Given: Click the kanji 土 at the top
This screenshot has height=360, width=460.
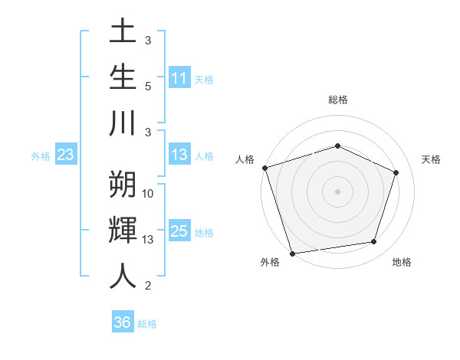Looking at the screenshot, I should [x=123, y=34].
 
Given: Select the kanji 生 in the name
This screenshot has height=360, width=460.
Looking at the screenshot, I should [x=123, y=77].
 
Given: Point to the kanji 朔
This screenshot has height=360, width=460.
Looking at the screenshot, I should [x=123, y=184].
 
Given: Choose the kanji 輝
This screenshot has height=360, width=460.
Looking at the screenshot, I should [x=123, y=230].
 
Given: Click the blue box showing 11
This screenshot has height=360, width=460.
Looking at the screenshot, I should [x=179, y=78].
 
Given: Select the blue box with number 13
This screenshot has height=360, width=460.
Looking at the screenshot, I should [x=179, y=155].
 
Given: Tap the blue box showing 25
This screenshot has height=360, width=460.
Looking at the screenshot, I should [x=179, y=231].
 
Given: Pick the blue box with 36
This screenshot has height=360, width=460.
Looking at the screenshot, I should [x=123, y=322].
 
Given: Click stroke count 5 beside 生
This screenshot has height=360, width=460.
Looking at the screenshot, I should [x=148, y=86].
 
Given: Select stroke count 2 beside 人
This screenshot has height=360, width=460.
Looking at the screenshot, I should [x=148, y=286].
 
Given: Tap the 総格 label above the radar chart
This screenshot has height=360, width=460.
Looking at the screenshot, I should [x=337, y=100].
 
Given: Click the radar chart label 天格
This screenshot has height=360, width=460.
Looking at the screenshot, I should [x=431, y=159].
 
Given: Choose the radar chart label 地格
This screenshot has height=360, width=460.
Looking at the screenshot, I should [x=402, y=262].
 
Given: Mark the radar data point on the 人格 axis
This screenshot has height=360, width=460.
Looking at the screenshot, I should [x=264, y=168].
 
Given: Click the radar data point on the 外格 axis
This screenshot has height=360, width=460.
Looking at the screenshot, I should [x=292, y=252].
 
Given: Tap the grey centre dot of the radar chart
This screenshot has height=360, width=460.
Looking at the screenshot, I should [x=337, y=191].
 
